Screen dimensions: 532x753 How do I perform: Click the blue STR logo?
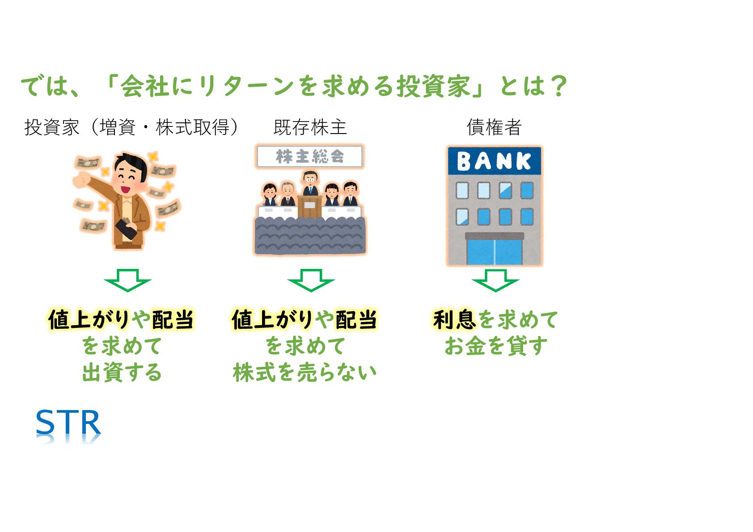point(68,423)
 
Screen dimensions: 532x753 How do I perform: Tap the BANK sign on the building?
point(494,161)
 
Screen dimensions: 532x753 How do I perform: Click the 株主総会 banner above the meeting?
point(309,156)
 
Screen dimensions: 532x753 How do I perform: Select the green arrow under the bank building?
point(495,280)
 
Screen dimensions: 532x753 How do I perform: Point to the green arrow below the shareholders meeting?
point(311,280)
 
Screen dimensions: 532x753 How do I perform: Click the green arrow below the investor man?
point(127,280)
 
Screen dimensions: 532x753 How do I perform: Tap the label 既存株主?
point(310,127)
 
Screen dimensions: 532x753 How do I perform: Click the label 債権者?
point(494,127)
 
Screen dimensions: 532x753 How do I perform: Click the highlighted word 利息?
point(454,320)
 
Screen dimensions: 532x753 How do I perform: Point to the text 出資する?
point(122,373)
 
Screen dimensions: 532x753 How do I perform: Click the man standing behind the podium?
point(310,183)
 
